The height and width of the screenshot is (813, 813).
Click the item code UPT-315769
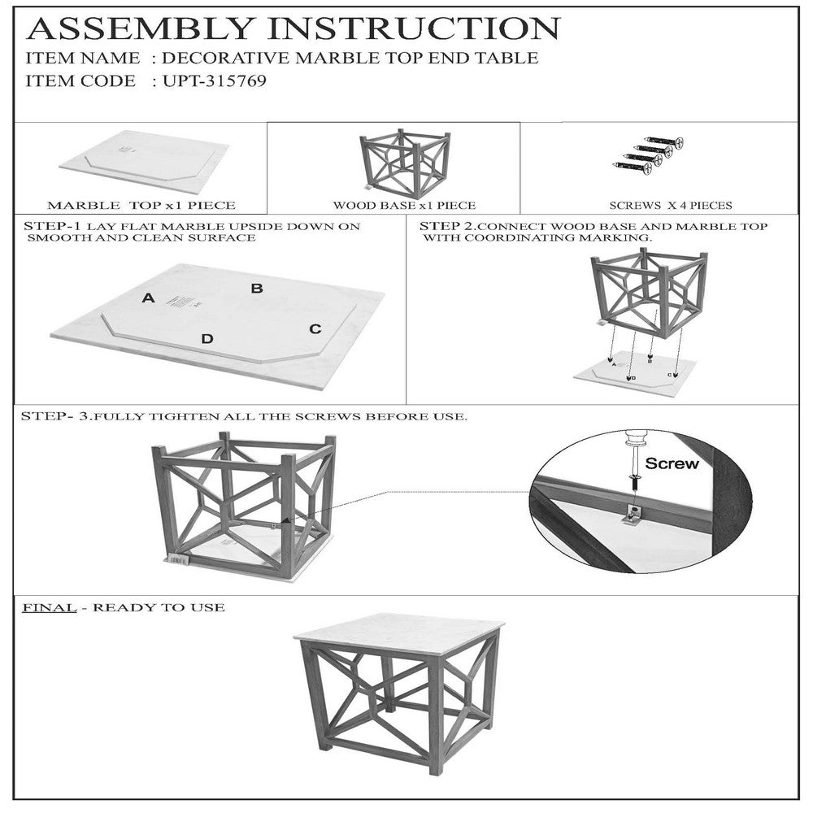pos(215,80)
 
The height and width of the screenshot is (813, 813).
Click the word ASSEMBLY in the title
pos(140,28)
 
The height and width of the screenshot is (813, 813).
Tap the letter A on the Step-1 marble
pos(148,298)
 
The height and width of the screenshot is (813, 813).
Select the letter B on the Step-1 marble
pos(257,289)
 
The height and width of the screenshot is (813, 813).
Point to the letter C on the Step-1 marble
pos(315,328)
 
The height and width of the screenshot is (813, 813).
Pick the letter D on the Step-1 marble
pos(207,339)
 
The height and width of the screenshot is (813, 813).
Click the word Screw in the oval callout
pos(672,463)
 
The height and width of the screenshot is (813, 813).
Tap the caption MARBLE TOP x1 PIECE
pos(141,206)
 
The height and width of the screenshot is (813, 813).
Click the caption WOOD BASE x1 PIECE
pos(404,206)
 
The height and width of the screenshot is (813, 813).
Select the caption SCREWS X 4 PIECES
pos(671,206)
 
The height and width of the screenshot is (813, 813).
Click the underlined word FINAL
pos(50,607)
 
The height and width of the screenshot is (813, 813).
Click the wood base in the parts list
pos(404,162)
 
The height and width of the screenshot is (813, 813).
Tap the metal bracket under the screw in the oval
pos(633,515)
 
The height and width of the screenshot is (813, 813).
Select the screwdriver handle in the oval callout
pos(637,441)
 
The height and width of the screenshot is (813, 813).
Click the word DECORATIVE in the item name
pos(225,58)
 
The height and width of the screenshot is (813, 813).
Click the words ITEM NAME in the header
pos(82,58)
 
